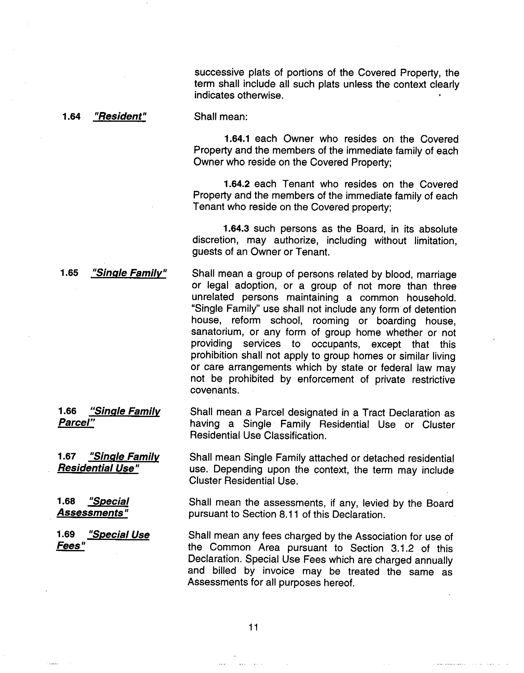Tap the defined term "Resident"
(119, 116)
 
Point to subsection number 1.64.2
(236, 184)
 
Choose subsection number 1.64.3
(236, 229)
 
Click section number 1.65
(69, 273)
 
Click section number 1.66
(67, 411)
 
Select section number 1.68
(66, 501)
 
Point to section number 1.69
(66, 534)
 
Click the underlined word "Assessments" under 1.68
(92, 513)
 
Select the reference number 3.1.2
(400, 548)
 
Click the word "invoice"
(279, 571)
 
